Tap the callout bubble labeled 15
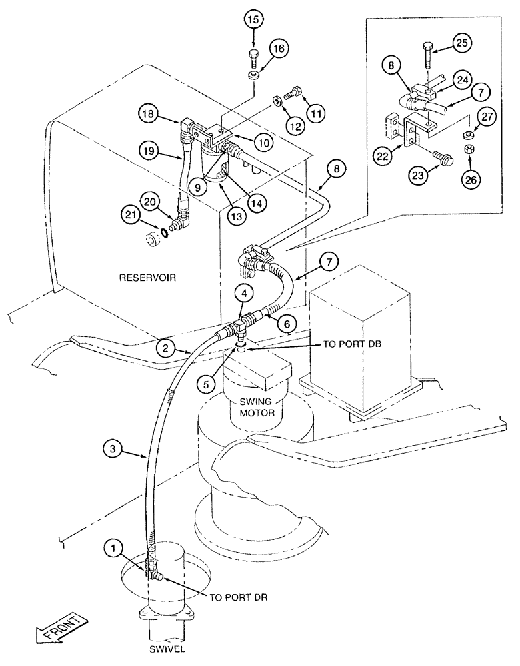(x=254, y=21)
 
